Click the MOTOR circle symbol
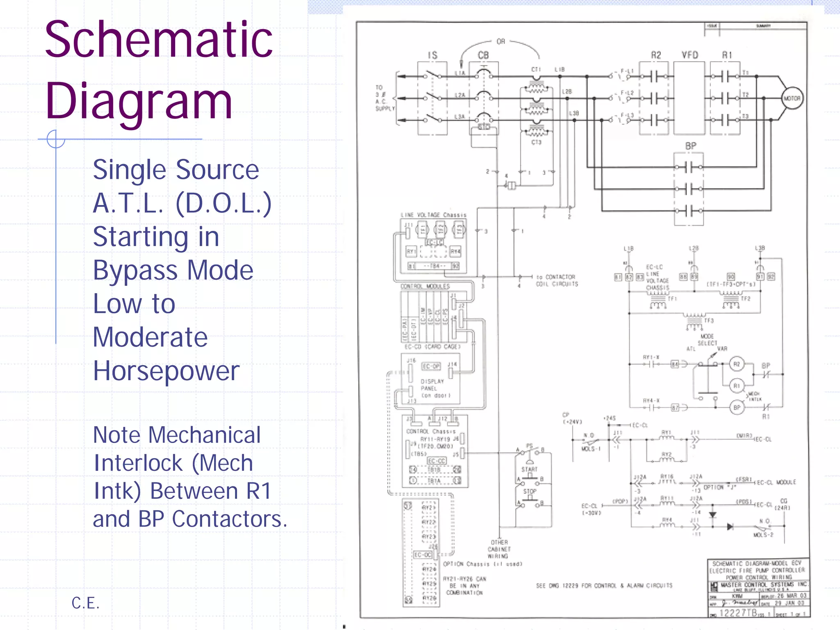click(792, 98)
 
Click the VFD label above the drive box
click(690, 55)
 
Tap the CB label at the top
click(483, 55)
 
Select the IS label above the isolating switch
click(433, 55)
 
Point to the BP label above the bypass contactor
click(691, 146)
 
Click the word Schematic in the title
click(159, 40)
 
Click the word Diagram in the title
click(139, 101)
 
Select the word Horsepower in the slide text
click(166, 371)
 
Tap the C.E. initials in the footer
click(85, 603)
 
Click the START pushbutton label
click(529, 469)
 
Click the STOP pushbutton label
click(530, 491)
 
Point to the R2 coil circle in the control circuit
click(737, 364)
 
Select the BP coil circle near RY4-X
click(737, 408)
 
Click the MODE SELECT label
click(708, 340)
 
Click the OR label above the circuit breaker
click(501, 41)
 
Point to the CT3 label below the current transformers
click(536, 142)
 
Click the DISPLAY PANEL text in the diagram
click(432, 385)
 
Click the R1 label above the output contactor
click(727, 55)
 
